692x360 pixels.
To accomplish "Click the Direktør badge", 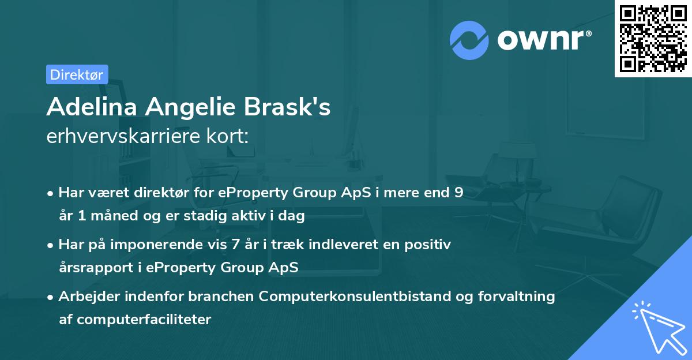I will click(77, 74).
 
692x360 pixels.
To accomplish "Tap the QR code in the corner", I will click(653, 39).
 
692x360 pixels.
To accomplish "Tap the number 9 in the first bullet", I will click(458, 193).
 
